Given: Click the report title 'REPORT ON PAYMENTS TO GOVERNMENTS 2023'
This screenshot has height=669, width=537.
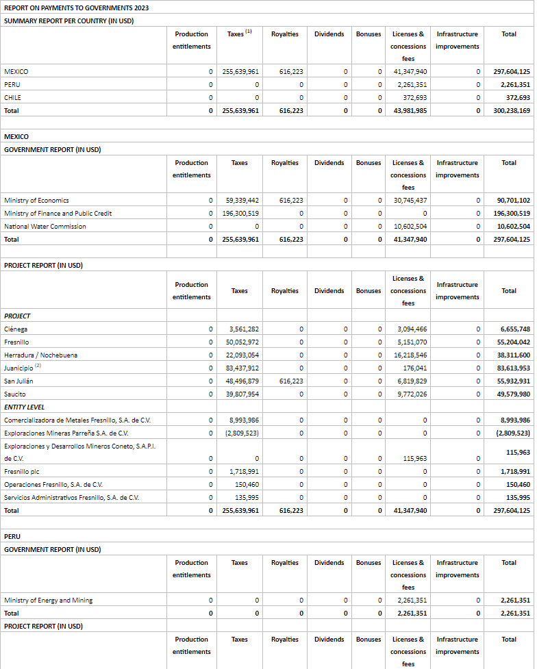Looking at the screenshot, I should click(77, 8).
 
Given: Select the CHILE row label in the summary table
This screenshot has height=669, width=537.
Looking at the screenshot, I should click(12, 97).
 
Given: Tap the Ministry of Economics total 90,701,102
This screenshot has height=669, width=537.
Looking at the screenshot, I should click(514, 200).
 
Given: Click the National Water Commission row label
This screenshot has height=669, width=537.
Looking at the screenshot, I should click(45, 226).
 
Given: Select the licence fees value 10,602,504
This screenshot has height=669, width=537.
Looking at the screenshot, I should click(411, 226).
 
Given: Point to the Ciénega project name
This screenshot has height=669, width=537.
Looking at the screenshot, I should click(16, 329).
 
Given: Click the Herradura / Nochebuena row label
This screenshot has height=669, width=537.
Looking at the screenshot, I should click(40, 355).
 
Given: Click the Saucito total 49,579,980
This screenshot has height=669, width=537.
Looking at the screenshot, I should click(515, 394).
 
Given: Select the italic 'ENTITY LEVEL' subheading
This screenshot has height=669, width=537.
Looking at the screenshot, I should click(24, 407).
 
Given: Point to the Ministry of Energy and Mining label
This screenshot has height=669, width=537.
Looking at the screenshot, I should click(48, 600).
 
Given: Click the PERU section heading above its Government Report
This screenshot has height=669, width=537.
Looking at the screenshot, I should click(12, 536).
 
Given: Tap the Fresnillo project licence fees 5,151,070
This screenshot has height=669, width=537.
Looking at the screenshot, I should click(412, 342).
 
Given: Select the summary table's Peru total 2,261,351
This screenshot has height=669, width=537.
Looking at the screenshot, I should click(515, 84).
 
